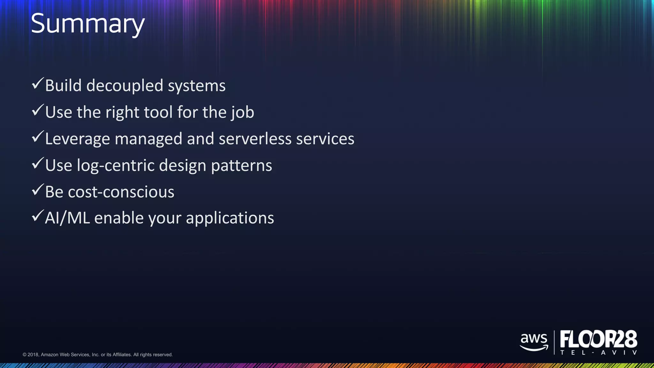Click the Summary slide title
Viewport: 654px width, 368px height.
pyautogui.click(x=88, y=24)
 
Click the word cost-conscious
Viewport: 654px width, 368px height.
pyautogui.click(x=121, y=192)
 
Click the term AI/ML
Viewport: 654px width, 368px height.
pyautogui.click(x=67, y=218)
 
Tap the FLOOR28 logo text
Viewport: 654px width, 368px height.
pyautogui.click(x=598, y=339)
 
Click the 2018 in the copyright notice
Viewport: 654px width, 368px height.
pyautogui.click(x=33, y=355)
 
